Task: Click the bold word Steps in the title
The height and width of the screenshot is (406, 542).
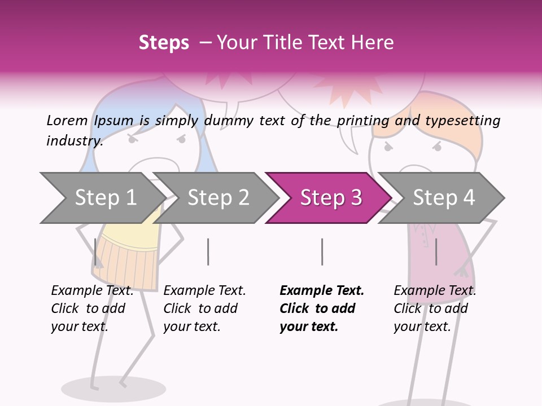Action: pos(164,43)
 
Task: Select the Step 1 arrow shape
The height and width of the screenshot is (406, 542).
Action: pos(102,198)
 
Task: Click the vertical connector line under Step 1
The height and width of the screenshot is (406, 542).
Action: pos(95,251)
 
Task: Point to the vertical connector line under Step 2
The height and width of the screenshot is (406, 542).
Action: pos(208,251)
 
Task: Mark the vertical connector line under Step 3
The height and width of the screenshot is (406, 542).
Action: pos(322,251)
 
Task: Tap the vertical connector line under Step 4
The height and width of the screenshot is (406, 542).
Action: pos(436,251)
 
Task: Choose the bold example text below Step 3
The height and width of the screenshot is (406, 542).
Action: pos(321,308)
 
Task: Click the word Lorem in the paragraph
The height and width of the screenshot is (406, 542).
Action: pos(67,121)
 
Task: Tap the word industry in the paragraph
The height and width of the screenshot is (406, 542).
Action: pos(75,141)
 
